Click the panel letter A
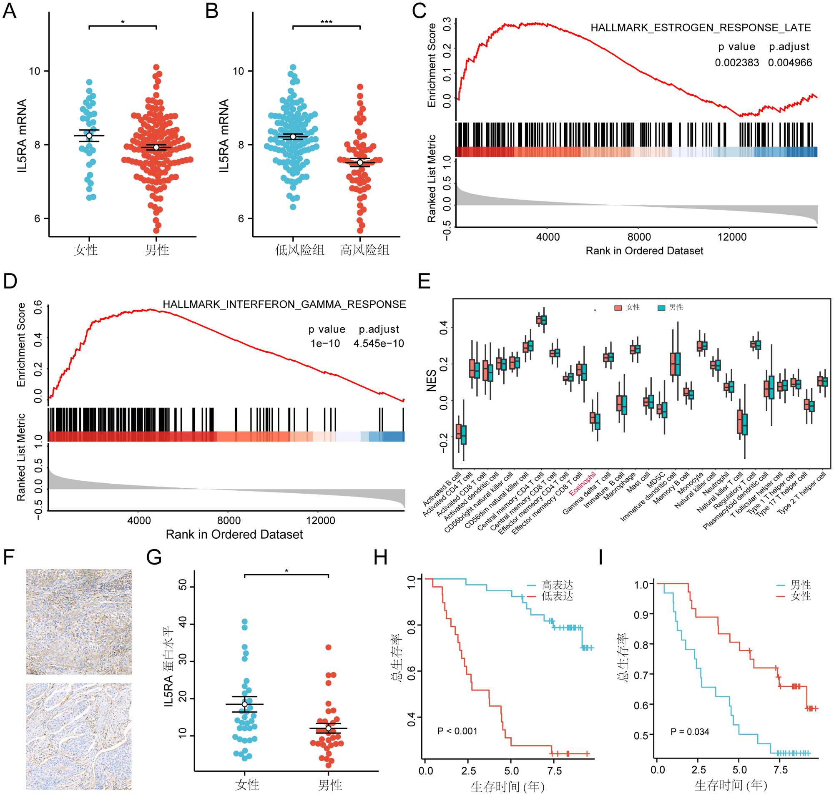[9, 10]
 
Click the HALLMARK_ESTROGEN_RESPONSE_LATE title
[700, 28]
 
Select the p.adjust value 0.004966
[789, 63]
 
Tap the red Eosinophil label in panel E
[582, 484]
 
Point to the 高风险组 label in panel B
[364, 250]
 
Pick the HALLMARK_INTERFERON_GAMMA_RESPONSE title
[284, 304]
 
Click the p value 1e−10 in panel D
[325, 343]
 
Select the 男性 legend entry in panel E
[671, 307]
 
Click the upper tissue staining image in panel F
[78, 622]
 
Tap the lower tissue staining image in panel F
[78, 736]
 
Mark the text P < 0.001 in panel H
[457, 731]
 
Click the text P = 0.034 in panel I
[689, 731]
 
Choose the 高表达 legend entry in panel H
[557, 585]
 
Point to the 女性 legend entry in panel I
[800, 596]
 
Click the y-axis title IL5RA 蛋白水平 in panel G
[168, 666]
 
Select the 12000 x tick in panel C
[732, 237]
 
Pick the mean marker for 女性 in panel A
[89, 136]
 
